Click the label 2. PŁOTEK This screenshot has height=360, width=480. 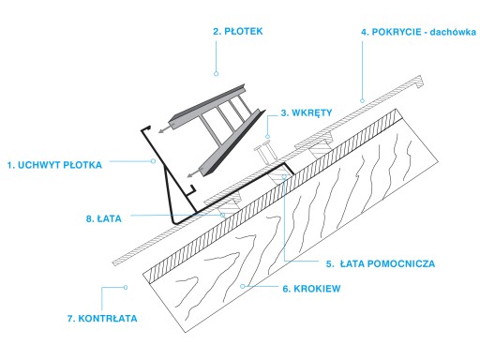tap(238, 31)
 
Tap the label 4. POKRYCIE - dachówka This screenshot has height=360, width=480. tap(418, 32)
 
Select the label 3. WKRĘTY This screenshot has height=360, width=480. tap(307, 112)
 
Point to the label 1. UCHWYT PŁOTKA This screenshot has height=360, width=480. tap(54, 165)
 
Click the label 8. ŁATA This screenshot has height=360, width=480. tap(103, 218)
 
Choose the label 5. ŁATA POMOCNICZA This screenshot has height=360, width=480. tap(381, 263)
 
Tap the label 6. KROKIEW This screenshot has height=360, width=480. tap(311, 289)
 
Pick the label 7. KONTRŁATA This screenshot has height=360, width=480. tap(102, 319)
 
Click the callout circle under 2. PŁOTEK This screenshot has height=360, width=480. tap(216, 74)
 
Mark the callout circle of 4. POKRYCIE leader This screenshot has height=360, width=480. tap(362, 100)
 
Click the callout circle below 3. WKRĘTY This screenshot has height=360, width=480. tap(267, 137)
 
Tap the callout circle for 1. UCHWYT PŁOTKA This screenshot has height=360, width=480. tap(153, 161)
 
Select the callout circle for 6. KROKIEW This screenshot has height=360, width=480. tap(243, 286)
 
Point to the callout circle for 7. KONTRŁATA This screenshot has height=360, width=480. tap(126, 287)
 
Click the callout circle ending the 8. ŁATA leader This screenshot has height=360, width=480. tap(222, 215)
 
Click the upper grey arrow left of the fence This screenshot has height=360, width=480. tap(166, 128)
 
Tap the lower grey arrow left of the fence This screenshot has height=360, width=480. tap(195, 172)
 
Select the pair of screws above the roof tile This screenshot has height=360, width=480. tap(265, 153)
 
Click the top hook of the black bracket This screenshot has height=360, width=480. tap(146, 128)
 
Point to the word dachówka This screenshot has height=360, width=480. tap(453, 32)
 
